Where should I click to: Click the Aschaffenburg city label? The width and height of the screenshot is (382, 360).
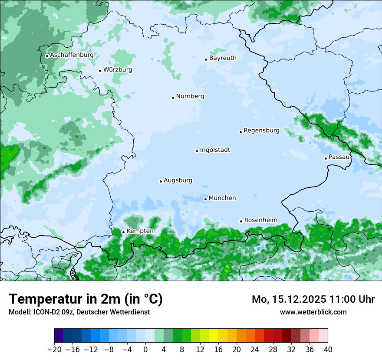(x=72, y=55)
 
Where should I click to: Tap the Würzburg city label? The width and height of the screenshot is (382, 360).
(x=118, y=70)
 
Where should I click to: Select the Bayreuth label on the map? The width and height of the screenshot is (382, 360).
(x=223, y=58)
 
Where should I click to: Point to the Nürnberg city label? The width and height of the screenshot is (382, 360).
(x=190, y=96)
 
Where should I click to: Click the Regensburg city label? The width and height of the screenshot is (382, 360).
(x=261, y=131)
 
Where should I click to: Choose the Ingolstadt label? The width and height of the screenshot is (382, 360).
(x=215, y=150)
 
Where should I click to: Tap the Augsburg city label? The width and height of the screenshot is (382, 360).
(x=178, y=180)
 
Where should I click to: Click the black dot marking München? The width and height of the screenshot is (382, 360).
(x=205, y=199)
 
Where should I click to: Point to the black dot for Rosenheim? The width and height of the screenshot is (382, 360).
(x=241, y=221)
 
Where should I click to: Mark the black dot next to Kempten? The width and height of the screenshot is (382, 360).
(x=123, y=232)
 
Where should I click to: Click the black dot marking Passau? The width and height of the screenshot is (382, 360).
(x=326, y=158)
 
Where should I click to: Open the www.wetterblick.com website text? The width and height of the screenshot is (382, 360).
(x=313, y=312)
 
